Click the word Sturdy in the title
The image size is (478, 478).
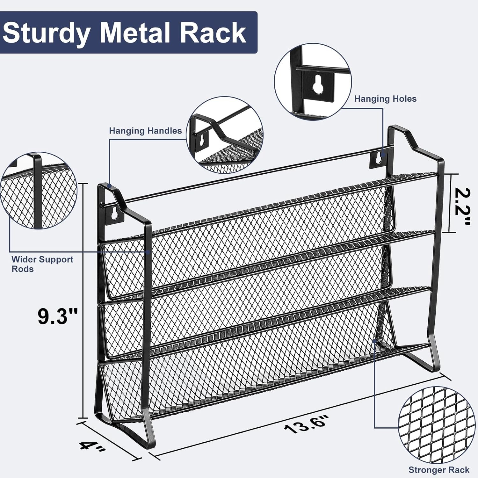pos(46,33)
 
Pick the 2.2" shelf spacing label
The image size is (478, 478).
pos(462,206)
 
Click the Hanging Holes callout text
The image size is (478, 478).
pos(385,99)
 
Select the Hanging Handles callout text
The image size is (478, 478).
pos(145,131)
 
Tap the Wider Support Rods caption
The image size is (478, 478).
pos(42,264)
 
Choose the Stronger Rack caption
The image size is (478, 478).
pos(439,470)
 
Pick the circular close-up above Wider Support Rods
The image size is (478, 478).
pos(39,190)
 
